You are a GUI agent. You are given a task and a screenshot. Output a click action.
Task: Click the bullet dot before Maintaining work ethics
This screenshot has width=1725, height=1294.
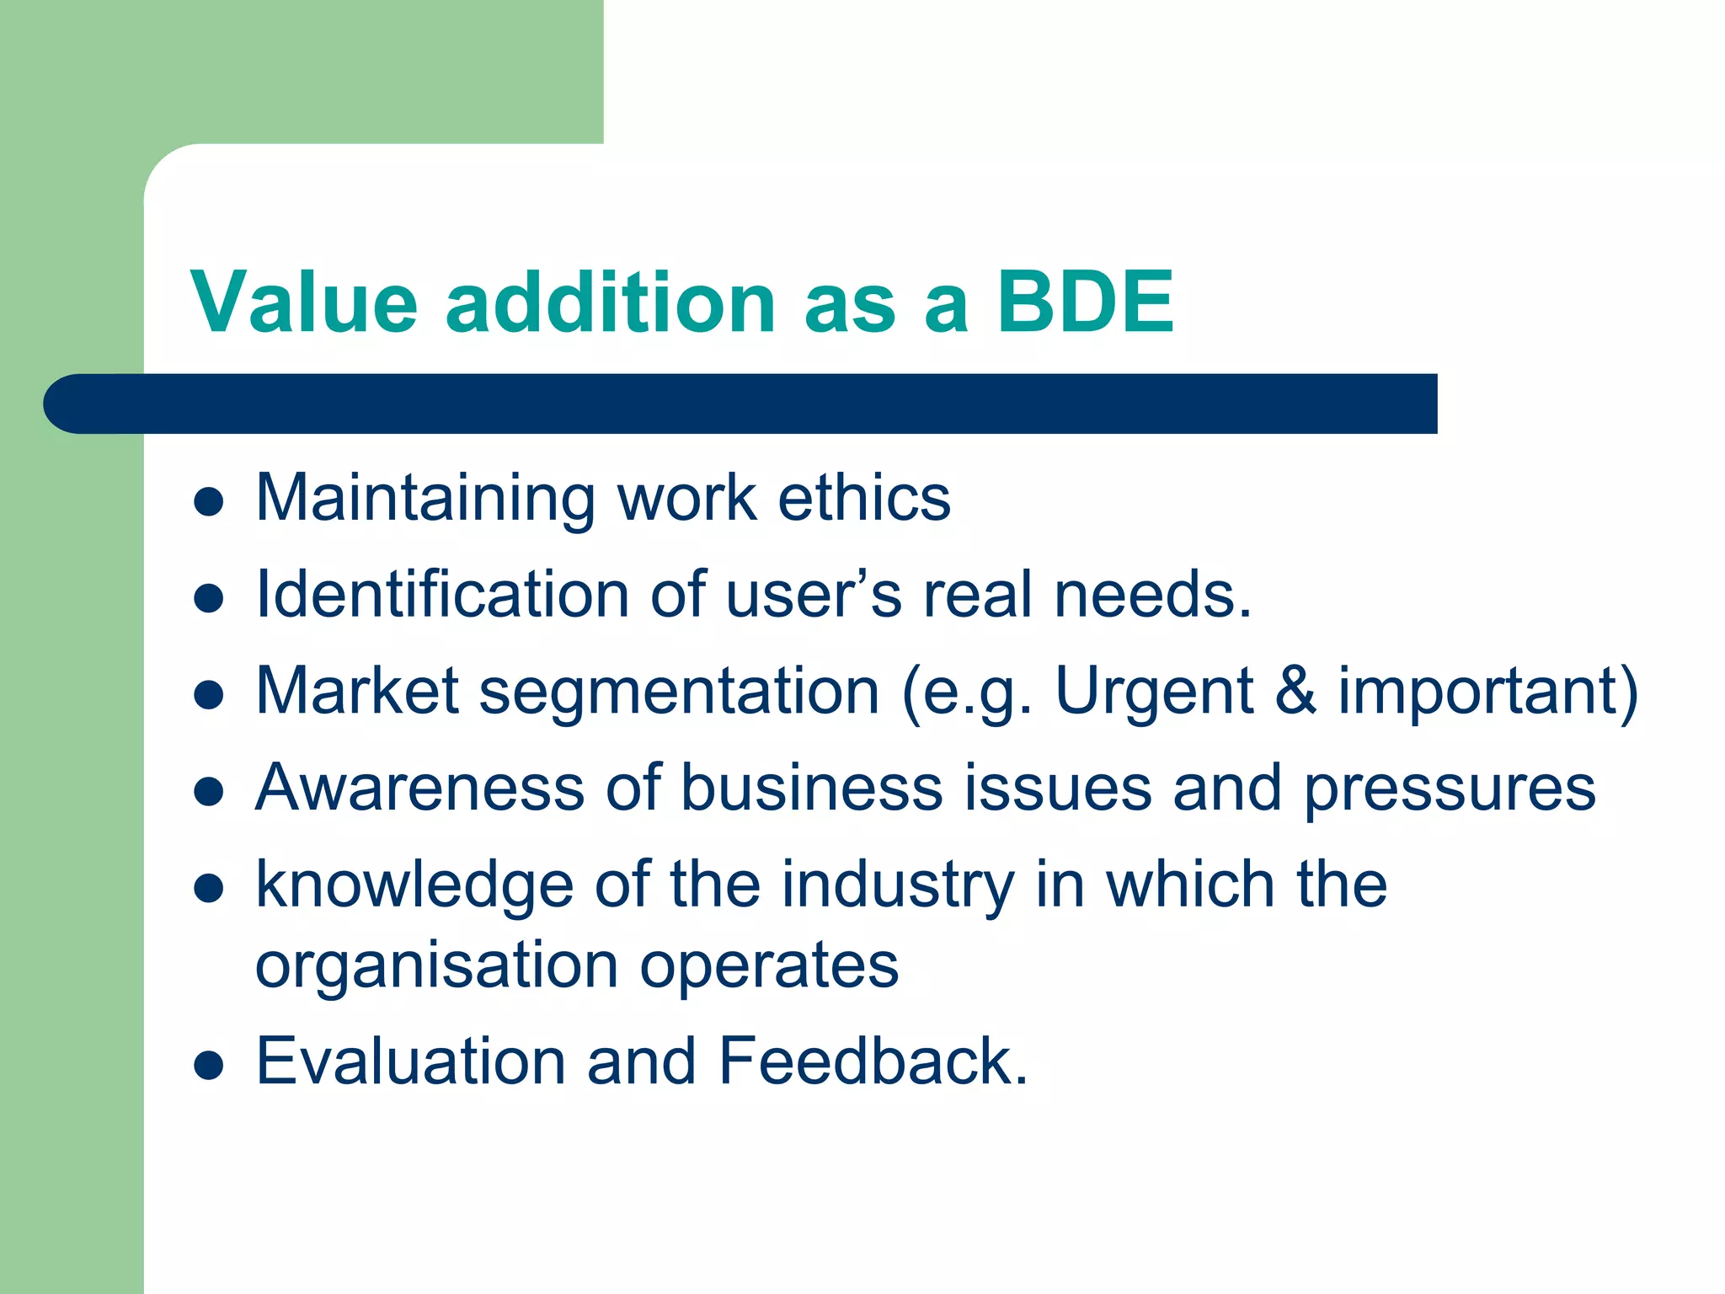point(208,502)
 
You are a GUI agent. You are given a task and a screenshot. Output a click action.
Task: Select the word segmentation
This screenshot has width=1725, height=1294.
point(679,691)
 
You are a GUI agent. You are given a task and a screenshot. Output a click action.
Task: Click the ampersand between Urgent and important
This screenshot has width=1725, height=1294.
point(1295,691)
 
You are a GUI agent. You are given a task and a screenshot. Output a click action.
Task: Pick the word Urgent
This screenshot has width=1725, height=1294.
point(1154,691)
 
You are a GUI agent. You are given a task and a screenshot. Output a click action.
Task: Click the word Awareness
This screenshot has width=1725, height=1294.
point(419,788)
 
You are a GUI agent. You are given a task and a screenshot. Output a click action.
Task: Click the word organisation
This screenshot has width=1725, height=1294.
point(437,965)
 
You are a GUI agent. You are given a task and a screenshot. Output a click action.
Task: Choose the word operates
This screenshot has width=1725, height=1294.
point(768,965)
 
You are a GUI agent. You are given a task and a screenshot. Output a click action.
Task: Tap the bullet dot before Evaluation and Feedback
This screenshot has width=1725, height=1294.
point(208,1066)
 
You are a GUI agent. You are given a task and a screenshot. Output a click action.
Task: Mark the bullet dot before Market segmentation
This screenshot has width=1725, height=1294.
point(208,696)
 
